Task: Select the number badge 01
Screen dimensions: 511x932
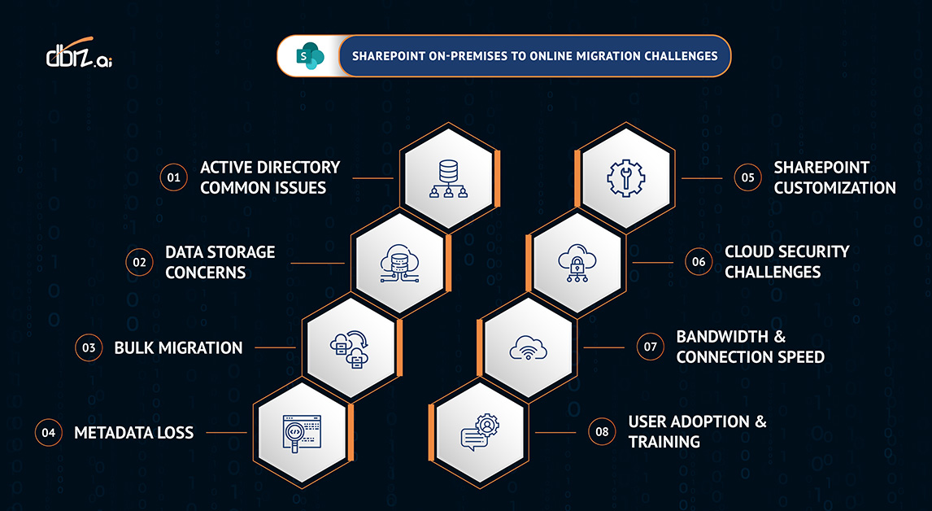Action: tap(172, 177)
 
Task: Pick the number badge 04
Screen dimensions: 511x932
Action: tap(48, 432)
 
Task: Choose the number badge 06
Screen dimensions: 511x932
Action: tap(699, 261)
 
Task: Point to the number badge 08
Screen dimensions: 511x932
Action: tap(602, 431)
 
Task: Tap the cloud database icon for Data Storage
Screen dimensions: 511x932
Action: tap(401, 262)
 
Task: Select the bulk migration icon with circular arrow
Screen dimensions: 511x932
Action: tap(351, 347)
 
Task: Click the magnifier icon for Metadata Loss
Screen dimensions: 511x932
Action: tap(302, 432)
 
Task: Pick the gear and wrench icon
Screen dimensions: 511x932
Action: tap(625, 177)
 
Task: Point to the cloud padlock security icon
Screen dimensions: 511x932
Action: tap(577, 261)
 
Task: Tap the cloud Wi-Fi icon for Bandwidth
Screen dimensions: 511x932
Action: tap(529, 347)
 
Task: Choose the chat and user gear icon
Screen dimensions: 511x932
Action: tap(480, 432)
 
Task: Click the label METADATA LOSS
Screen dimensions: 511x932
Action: tap(134, 432)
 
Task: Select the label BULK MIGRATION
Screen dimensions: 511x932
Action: tap(178, 347)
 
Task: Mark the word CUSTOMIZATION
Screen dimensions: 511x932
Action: tap(834, 187)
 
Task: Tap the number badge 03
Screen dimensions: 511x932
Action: tap(88, 347)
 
